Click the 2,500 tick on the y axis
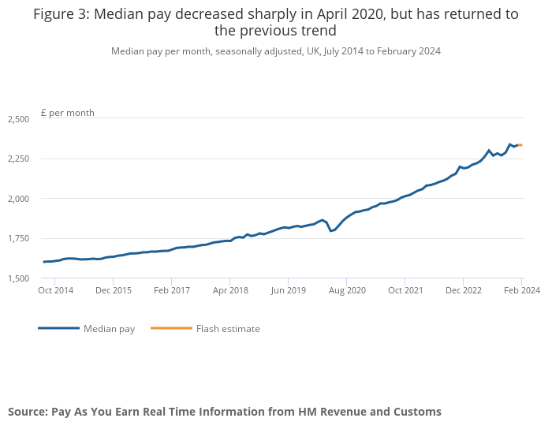(x=18, y=119)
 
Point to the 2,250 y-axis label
(x=18, y=159)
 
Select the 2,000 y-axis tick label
(x=18, y=199)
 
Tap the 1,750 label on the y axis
(x=18, y=238)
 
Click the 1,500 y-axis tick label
(x=18, y=278)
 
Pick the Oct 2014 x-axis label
(x=56, y=291)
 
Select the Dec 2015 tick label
(x=113, y=291)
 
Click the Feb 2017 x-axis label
(x=171, y=291)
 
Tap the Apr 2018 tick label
(x=229, y=291)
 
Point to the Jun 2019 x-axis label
(x=288, y=291)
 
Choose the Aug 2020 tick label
(x=347, y=291)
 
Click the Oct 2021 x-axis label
(x=405, y=291)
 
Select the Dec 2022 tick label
(x=464, y=291)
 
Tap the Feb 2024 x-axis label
(x=522, y=291)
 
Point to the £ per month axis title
(x=68, y=113)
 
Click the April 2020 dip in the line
(x=331, y=230)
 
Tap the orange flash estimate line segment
(x=520, y=145)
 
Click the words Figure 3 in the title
(x=59, y=14)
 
